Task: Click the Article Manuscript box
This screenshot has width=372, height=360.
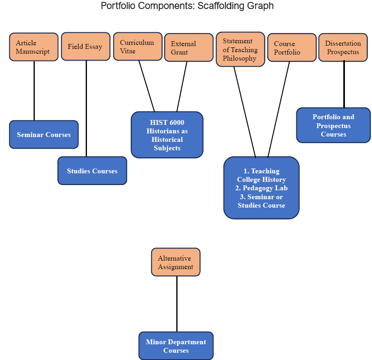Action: tap(34, 47)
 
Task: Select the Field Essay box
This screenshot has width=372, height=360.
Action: tap(86, 46)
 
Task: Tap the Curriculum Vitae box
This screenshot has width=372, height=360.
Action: tap(137, 47)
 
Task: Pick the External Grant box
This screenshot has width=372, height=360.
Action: tap(188, 48)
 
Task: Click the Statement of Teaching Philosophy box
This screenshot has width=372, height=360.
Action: tap(240, 49)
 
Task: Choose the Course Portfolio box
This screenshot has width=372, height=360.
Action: tap(292, 48)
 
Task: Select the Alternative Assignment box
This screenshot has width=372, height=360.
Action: tap(175, 262)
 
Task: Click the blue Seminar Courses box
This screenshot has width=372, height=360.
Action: tap(44, 135)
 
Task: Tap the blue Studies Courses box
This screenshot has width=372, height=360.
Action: tap(92, 171)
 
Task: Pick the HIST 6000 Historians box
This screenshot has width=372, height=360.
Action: tap(167, 135)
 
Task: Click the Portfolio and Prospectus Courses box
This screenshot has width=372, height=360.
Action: tap(333, 125)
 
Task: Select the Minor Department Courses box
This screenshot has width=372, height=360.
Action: tap(176, 346)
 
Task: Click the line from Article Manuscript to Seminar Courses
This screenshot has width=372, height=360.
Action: tap(34, 91)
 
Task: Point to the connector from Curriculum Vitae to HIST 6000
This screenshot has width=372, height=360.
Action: tap(147, 86)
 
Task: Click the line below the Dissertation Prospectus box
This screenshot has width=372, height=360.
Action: tap(344, 84)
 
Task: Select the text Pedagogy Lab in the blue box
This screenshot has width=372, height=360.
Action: tap(265, 188)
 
